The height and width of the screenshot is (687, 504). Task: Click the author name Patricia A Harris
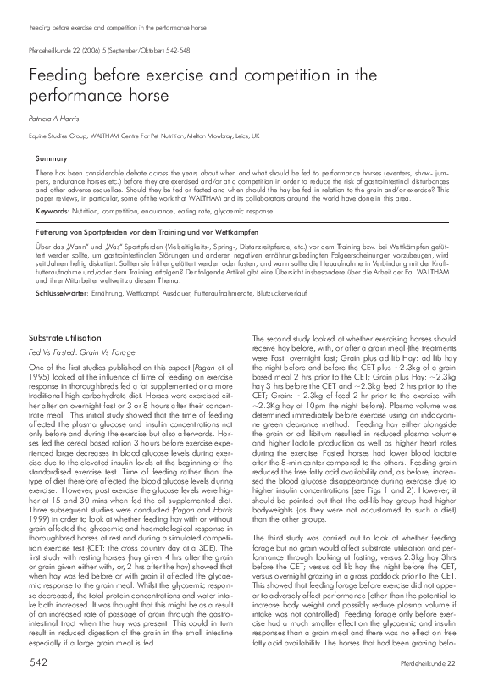click(55, 119)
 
